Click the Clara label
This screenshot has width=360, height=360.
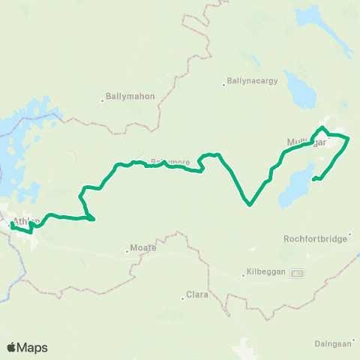[x=196, y=295]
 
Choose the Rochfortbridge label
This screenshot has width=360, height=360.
[x=315, y=239]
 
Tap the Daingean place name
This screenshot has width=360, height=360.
[x=332, y=343]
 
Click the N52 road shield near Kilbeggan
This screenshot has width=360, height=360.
[x=298, y=272]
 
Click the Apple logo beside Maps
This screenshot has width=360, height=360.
[x=12, y=347]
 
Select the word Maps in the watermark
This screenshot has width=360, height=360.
[x=34, y=347]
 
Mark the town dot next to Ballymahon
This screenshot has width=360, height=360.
[x=103, y=100]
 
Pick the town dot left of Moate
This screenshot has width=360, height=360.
[x=127, y=250]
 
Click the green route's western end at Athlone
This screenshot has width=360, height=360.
[x=13, y=224]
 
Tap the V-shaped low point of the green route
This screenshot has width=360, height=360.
[x=249, y=203]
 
